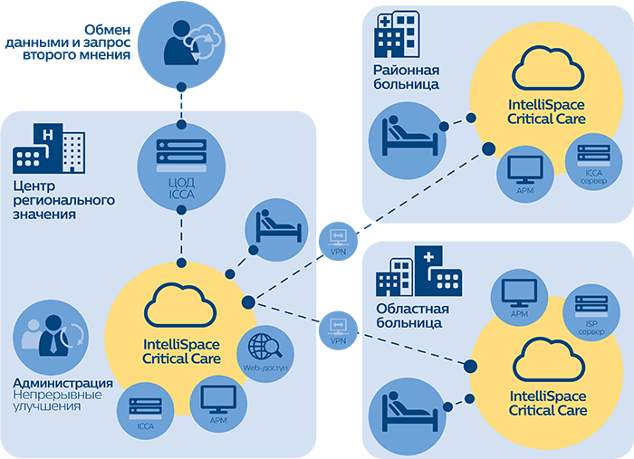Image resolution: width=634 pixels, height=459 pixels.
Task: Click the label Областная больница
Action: click(x=410, y=314)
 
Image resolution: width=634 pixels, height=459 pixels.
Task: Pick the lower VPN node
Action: click(x=339, y=327)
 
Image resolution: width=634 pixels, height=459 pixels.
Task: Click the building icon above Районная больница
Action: click(x=397, y=34)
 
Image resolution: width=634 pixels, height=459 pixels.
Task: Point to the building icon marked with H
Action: click(x=49, y=149)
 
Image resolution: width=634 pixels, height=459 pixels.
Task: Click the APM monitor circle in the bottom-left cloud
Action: click(x=217, y=402)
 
